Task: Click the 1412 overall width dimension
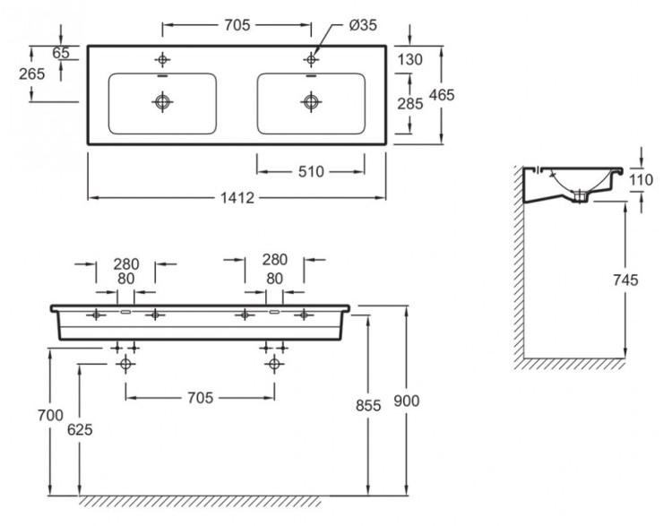click(x=237, y=198)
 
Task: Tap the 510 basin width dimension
click(x=311, y=170)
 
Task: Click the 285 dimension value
click(x=409, y=103)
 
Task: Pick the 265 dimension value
click(x=31, y=74)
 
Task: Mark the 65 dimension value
click(x=60, y=53)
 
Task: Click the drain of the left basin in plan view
click(x=162, y=103)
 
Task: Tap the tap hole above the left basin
click(x=162, y=60)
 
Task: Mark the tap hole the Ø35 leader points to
click(x=311, y=60)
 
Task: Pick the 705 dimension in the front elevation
click(x=200, y=398)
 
